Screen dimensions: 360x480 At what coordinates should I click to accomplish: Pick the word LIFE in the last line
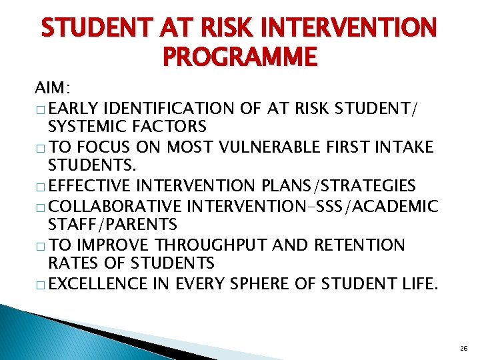coord(418,285)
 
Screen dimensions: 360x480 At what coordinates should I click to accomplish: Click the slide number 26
coord(464,348)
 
